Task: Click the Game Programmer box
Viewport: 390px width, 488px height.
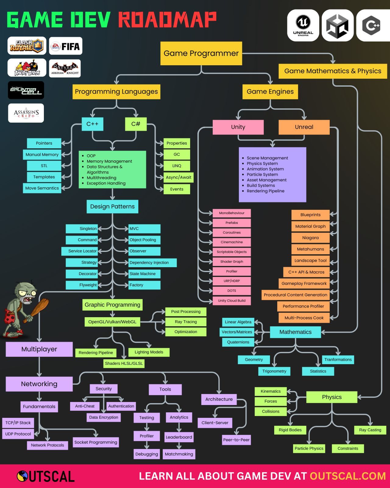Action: pos(201,53)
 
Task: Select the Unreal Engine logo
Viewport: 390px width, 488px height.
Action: pos(303,25)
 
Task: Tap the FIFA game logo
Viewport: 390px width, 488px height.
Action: pos(66,46)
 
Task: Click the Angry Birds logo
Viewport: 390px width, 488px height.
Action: pos(27,68)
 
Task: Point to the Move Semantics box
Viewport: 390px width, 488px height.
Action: pos(42,188)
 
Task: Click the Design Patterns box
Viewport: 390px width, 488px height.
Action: pos(112,206)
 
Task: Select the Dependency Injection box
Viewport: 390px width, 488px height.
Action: pos(152,263)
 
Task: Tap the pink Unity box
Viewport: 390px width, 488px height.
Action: pos(238,127)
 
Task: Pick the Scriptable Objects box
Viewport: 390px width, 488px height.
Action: pos(232,252)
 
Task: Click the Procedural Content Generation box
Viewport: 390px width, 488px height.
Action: pos(295,295)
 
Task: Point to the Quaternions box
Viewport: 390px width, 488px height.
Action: pos(238,342)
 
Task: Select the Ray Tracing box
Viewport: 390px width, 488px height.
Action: pos(186,322)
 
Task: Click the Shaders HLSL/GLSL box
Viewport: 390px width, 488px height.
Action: pos(124,363)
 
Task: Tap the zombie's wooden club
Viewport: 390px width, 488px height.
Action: pos(38,308)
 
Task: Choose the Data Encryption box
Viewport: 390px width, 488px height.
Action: pos(104,417)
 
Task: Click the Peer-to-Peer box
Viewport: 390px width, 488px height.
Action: pos(236,440)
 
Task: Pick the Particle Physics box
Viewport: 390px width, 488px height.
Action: pos(309,448)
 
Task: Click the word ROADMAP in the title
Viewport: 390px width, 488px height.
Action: pos(167,20)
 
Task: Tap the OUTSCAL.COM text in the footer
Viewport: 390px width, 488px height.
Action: pos(348,476)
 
